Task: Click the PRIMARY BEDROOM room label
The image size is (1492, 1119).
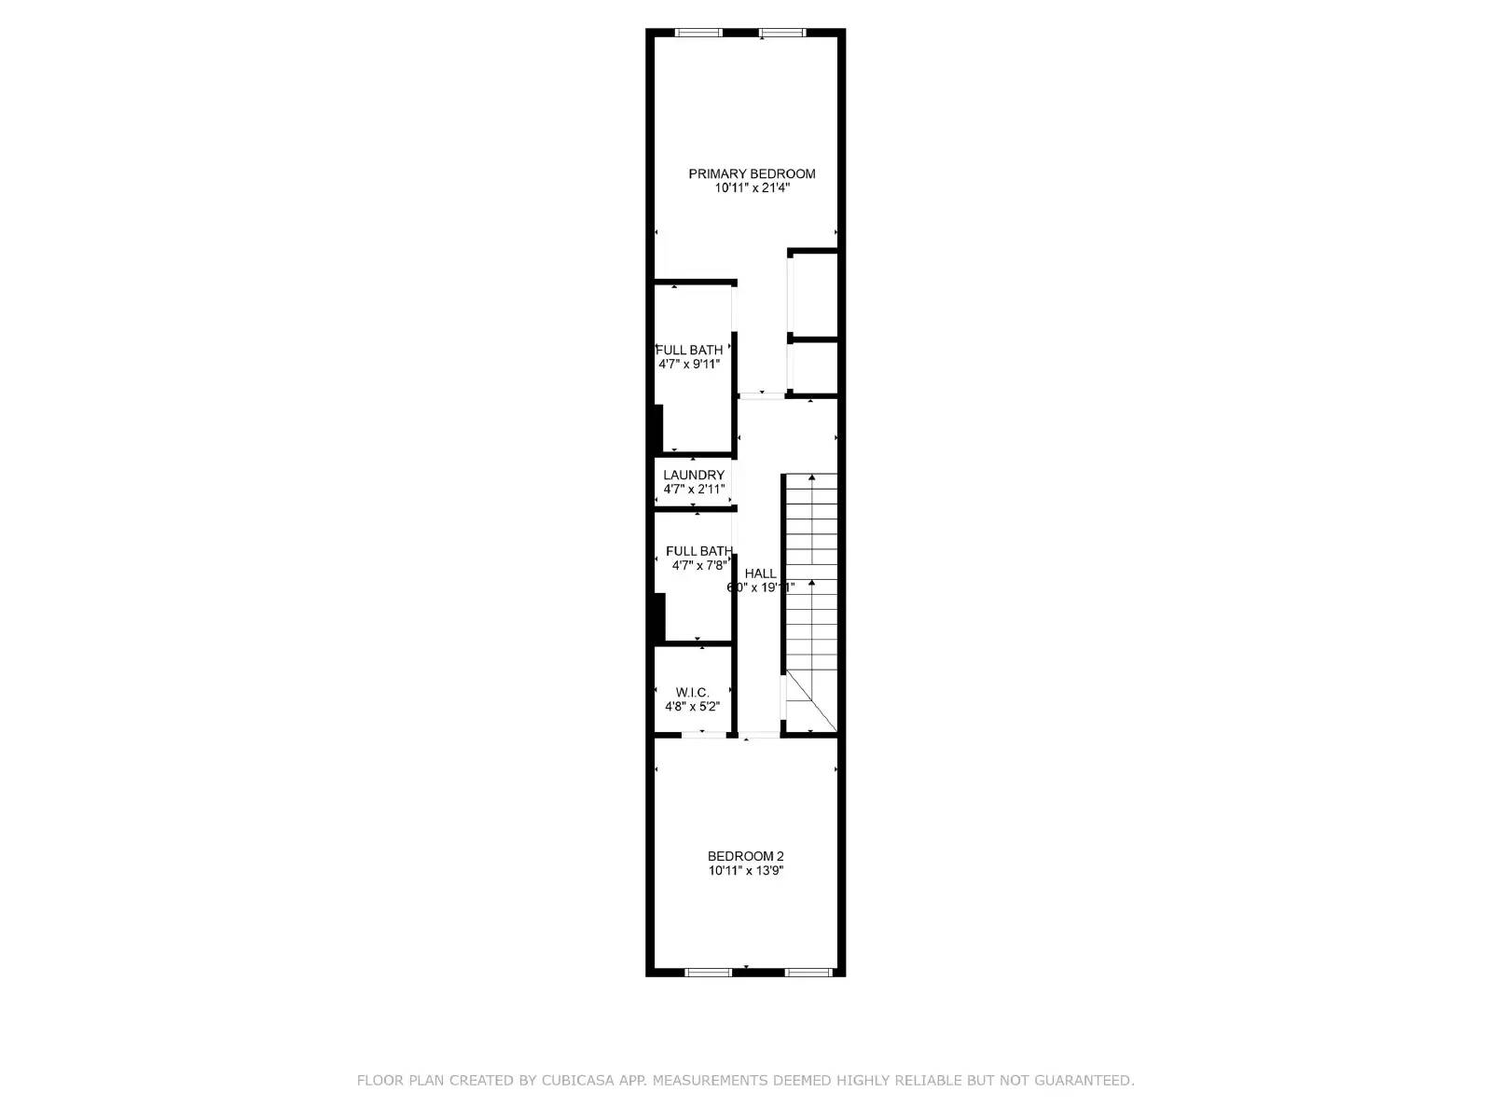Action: coord(752,173)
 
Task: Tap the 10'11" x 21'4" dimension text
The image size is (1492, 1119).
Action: coord(753,187)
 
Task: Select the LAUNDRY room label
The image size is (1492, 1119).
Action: coord(694,475)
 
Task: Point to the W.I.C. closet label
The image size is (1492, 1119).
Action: coord(693,692)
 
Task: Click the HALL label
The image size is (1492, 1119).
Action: coord(760,573)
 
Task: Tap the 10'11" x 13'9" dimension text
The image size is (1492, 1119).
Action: coord(746,871)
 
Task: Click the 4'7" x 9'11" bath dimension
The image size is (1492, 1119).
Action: coord(690,364)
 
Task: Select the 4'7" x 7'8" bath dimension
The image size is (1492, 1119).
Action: coord(699,565)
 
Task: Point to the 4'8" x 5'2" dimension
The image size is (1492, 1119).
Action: coord(693,706)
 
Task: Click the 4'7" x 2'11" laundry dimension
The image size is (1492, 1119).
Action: coord(694,489)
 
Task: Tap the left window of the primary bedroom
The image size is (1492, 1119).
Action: coord(698,34)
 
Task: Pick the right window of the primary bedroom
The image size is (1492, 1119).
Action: coord(781,34)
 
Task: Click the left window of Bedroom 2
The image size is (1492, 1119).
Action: coord(709,972)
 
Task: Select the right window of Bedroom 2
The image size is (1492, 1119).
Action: coord(808,972)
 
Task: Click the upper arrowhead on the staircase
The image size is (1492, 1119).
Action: coord(811,478)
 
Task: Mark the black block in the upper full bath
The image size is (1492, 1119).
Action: coord(658,428)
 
